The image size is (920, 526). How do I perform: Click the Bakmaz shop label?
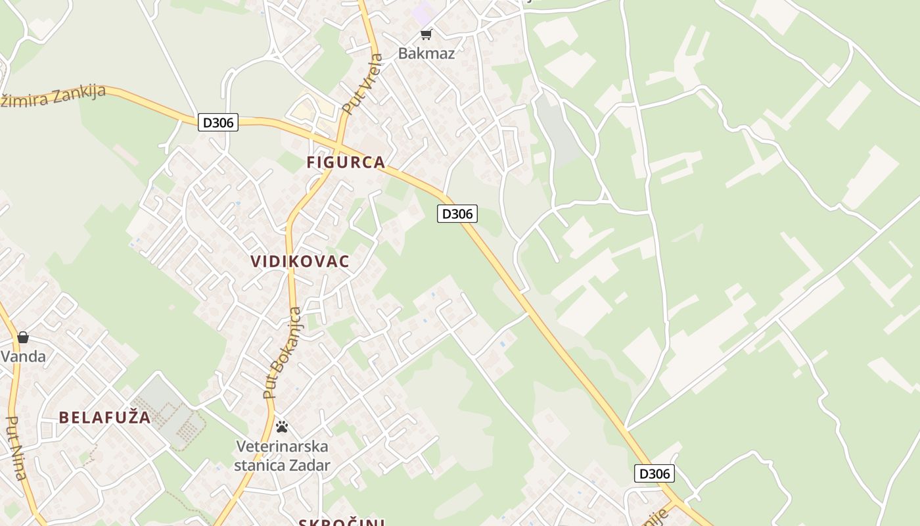tap(426, 53)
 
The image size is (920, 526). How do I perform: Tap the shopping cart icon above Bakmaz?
tap(426, 34)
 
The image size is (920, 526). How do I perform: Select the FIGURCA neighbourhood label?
tap(346, 162)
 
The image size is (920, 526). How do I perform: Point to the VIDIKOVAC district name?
tap(300, 261)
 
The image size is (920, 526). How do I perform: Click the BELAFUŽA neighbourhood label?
tap(104, 418)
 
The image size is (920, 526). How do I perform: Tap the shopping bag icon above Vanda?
tap(23, 337)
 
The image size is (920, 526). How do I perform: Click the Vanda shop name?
tap(23, 357)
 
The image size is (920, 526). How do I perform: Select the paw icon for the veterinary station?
tap(282, 427)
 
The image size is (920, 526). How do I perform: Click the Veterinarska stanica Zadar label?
tap(282, 456)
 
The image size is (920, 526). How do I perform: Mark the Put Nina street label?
tap(16, 448)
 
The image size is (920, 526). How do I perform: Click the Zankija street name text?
tap(53, 96)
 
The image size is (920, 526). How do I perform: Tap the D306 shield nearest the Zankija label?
tap(218, 122)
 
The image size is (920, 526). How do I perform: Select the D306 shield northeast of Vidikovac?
tap(457, 214)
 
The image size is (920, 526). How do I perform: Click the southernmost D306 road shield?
tap(655, 473)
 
